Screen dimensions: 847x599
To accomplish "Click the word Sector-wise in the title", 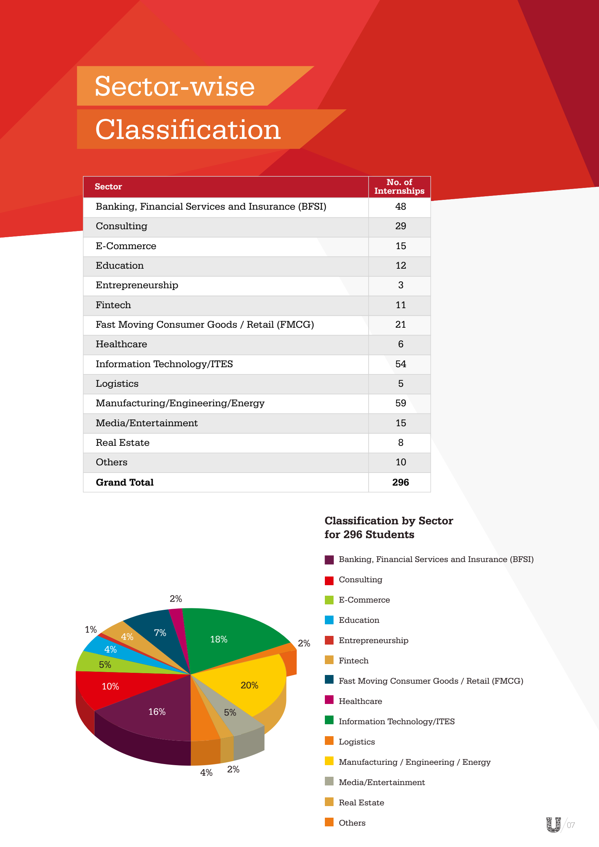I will [175, 86].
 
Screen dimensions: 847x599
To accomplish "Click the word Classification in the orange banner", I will [188, 130].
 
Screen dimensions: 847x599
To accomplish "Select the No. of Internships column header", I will [399, 186].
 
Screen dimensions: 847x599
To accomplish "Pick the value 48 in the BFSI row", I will [401, 206].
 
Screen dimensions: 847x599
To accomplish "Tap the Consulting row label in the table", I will [121, 226].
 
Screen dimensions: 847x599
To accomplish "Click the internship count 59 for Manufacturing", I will [401, 403].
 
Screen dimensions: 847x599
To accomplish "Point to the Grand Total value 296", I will [401, 482].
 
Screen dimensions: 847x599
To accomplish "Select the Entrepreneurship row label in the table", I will [137, 285].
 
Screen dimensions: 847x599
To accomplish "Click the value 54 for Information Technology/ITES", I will [401, 364].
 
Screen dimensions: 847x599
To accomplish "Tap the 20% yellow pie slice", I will [249, 685].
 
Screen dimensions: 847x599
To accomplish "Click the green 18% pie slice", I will [219, 639].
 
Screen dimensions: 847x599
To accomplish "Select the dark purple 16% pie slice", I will [157, 712].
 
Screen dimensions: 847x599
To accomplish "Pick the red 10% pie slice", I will [110, 686].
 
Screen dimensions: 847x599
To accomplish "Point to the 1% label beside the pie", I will [91, 629].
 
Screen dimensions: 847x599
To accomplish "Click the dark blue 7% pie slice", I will [160, 633].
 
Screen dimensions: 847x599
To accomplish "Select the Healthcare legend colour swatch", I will [329, 700].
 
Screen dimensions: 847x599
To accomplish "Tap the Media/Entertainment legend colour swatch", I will [329, 781].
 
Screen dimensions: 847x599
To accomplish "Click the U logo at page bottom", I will [553, 825].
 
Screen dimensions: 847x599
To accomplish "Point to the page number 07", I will [571, 825].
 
